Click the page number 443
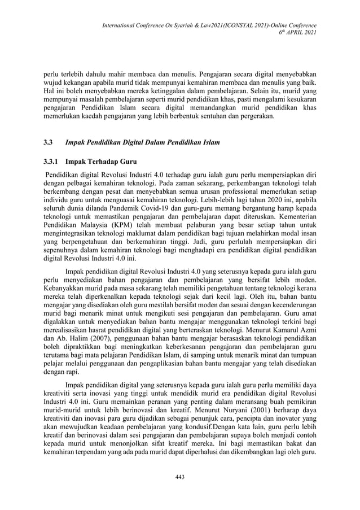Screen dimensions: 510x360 point(180,477)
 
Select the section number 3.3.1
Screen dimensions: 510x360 point(52,162)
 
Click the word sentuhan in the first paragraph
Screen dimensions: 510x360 point(211,116)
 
